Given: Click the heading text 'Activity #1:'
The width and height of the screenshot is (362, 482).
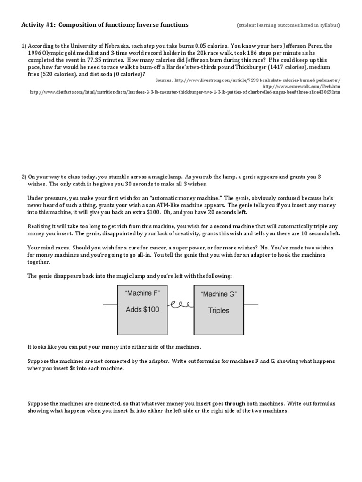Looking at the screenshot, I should click(39, 24).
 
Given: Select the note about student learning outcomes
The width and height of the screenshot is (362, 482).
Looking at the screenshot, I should click(288, 25).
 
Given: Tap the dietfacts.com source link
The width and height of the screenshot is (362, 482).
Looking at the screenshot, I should click(184, 92).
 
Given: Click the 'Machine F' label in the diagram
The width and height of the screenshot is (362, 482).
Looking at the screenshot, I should click(142, 293).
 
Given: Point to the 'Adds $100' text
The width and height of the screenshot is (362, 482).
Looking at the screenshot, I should click(142, 310).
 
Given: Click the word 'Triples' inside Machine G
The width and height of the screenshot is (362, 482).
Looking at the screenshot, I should click(219, 311).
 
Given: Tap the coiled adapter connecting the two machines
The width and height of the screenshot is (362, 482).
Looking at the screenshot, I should click(180, 305).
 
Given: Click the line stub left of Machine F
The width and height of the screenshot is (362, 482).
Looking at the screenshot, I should click(110, 305).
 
